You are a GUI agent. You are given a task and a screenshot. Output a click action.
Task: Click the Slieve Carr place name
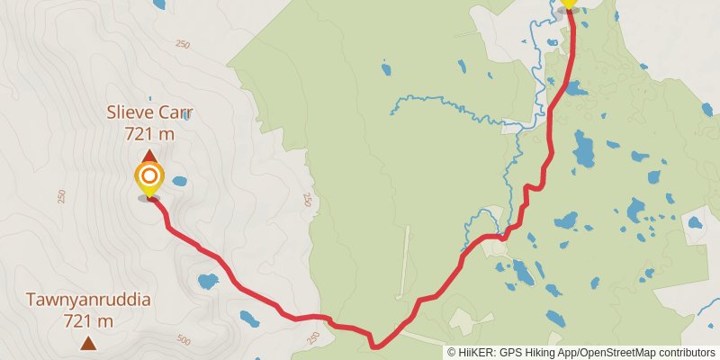pyautogui.click(x=150, y=113)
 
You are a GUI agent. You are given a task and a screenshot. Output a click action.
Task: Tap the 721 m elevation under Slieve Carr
pyautogui.click(x=150, y=133)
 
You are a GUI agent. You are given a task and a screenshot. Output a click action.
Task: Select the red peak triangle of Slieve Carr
pyautogui.click(x=149, y=156)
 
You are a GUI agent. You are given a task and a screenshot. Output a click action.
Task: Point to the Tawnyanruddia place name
pyautogui.click(x=87, y=300)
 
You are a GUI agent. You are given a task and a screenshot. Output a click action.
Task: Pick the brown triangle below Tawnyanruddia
pyautogui.click(x=88, y=343)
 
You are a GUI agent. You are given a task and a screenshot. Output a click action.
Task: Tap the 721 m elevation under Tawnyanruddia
pyautogui.click(x=87, y=320)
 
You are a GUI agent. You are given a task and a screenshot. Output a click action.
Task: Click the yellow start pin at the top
pyautogui.click(x=568, y=5)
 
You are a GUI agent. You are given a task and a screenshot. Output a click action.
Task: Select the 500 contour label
pyautogui.click(x=184, y=339)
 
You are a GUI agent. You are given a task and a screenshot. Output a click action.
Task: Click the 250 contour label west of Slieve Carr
pyautogui.click(x=62, y=196)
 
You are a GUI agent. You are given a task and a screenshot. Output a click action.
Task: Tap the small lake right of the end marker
pyautogui.click(x=179, y=181)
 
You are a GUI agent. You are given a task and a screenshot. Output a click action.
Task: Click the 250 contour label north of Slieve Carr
pyautogui.click(x=184, y=44)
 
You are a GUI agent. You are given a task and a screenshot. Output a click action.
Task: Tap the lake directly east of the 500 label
pyautogui.click(x=247, y=319)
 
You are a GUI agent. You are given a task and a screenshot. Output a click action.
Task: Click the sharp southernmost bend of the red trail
pyautogui.click(x=374, y=345)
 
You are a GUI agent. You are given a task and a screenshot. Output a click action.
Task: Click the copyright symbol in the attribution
pyautogui.click(x=452, y=353)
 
